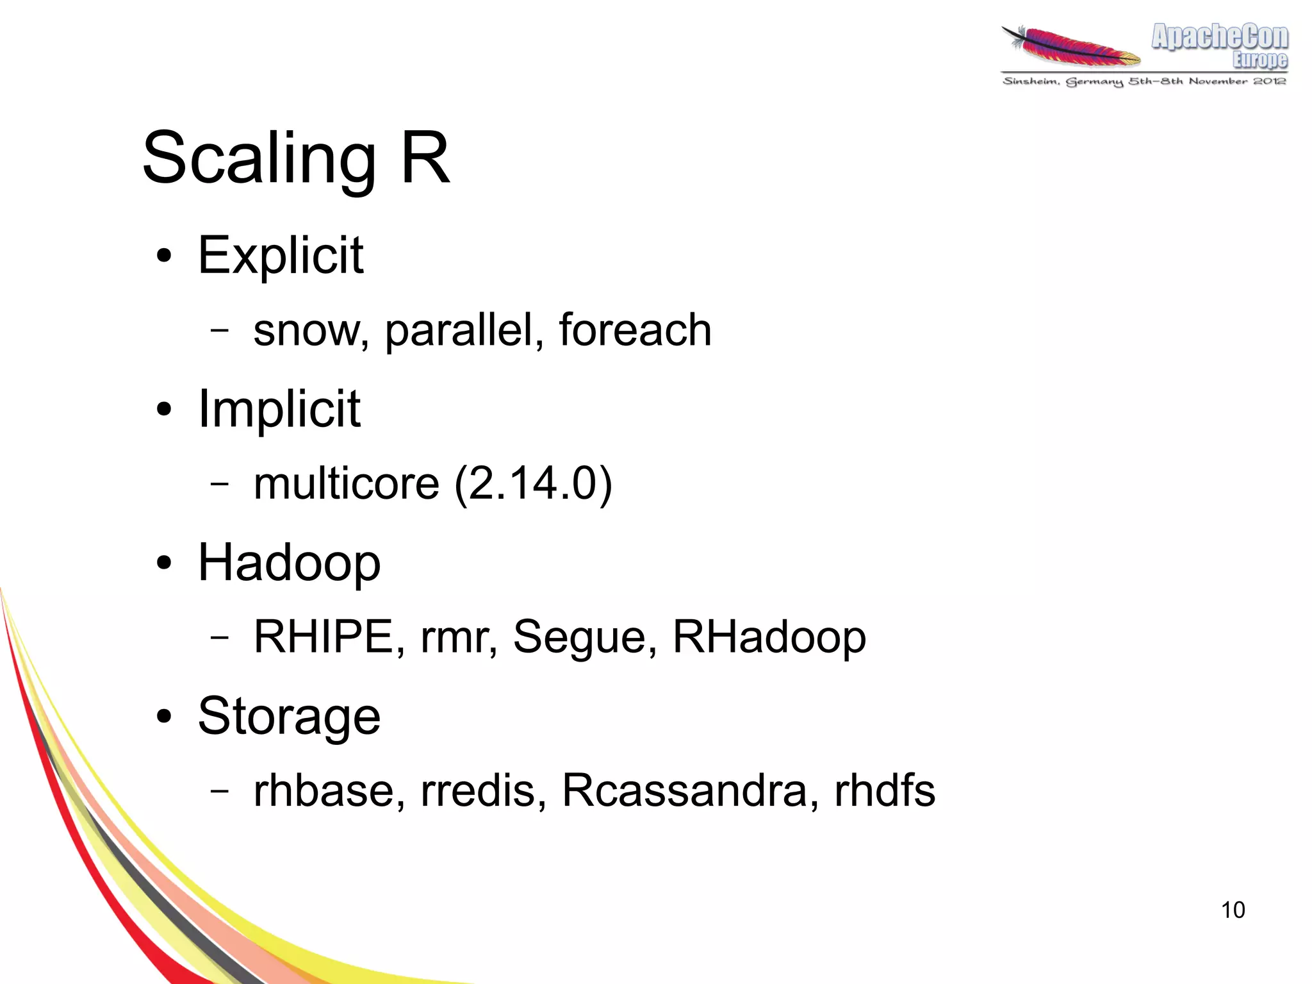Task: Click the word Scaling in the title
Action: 259,158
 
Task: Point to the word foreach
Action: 635,330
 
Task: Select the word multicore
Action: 347,483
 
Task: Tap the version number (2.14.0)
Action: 533,483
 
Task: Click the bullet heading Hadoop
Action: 289,562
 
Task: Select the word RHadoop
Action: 769,637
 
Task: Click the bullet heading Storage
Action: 289,716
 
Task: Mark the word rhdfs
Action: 885,790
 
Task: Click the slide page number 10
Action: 1233,910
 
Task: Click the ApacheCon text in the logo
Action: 1220,37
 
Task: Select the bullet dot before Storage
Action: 164,717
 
